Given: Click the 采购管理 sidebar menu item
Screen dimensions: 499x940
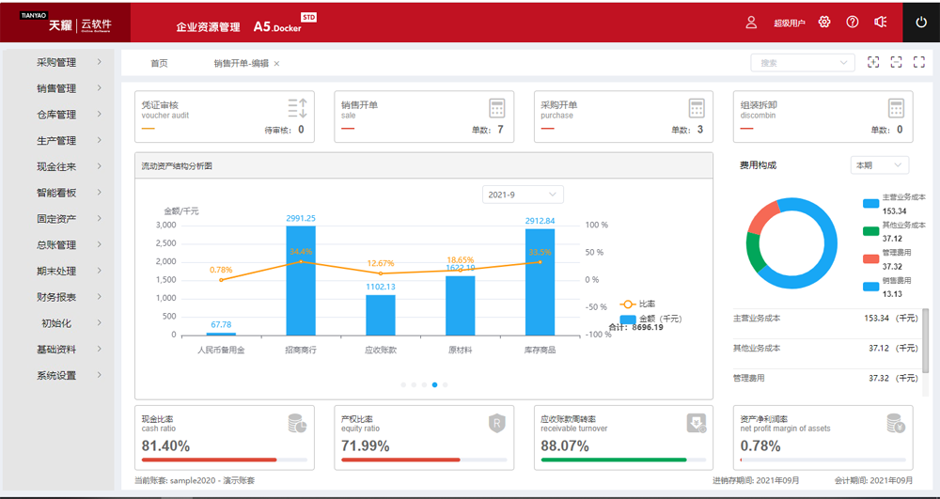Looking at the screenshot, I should pyautogui.click(x=56, y=63).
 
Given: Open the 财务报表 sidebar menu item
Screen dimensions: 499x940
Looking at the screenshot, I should pyautogui.click(x=56, y=297).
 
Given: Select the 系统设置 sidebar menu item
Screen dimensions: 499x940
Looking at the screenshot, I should pyautogui.click(x=56, y=376).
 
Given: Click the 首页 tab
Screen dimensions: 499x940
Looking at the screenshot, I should pyautogui.click(x=159, y=64).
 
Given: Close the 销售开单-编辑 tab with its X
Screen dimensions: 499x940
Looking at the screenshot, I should pyautogui.click(x=276, y=64).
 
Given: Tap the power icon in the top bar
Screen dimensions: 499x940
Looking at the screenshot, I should pyautogui.click(x=921, y=22).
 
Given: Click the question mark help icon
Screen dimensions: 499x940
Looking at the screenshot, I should pyautogui.click(x=853, y=22).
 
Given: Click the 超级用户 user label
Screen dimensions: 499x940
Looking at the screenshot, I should pyautogui.click(x=789, y=23).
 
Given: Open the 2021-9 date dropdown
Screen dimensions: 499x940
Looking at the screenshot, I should pyautogui.click(x=523, y=195).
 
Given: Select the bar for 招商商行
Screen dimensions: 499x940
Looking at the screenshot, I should pyautogui.click(x=301, y=280).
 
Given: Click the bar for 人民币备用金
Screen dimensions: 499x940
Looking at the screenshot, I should pyautogui.click(x=221, y=333).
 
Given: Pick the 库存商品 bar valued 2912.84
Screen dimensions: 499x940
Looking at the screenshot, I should pyautogui.click(x=540, y=282).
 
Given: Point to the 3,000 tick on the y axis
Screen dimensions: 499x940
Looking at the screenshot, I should pyautogui.click(x=165, y=226).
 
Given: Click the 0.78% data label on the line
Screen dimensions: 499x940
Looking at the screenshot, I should pyautogui.click(x=221, y=270).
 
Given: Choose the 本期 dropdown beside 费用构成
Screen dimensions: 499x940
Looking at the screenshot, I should pyautogui.click(x=879, y=165).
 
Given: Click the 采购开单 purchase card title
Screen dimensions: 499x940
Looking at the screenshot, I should pyautogui.click(x=558, y=105).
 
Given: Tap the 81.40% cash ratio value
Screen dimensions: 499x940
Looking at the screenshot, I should pyautogui.click(x=165, y=445).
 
